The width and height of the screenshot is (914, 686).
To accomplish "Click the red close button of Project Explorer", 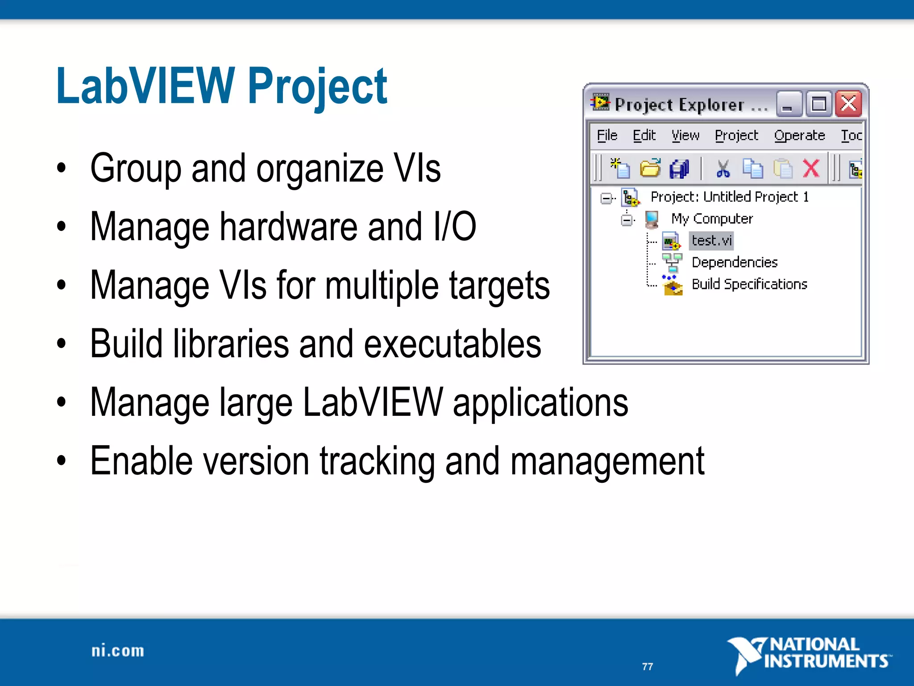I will click(848, 104).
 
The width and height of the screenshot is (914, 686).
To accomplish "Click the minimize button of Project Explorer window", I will click(788, 105).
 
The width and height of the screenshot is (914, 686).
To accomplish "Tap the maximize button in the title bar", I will click(818, 105).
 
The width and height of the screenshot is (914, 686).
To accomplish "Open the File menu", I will click(607, 135).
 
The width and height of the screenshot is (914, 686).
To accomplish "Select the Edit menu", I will click(644, 135).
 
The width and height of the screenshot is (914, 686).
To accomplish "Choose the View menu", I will click(685, 135).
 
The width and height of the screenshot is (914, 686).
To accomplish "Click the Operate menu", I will click(799, 135).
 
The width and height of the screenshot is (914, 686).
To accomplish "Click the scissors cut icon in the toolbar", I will click(723, 169).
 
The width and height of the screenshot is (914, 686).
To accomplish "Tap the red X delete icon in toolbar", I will click(811, 169).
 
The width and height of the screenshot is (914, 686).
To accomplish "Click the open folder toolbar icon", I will click(650, 169).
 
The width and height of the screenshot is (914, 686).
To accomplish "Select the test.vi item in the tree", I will click(711, 241).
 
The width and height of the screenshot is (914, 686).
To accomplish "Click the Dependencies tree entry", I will click(734, 262).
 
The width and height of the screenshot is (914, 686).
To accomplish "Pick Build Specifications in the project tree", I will click(749, 284).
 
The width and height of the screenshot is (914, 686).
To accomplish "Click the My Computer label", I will click(712, 219).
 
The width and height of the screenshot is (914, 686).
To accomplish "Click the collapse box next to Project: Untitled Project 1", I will click(606, 198).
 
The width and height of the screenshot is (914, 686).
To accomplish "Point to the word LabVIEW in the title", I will click(145, 86).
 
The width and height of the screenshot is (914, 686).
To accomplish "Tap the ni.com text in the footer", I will click(118, 651).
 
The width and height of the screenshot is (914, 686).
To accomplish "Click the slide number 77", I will click(648, 666).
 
